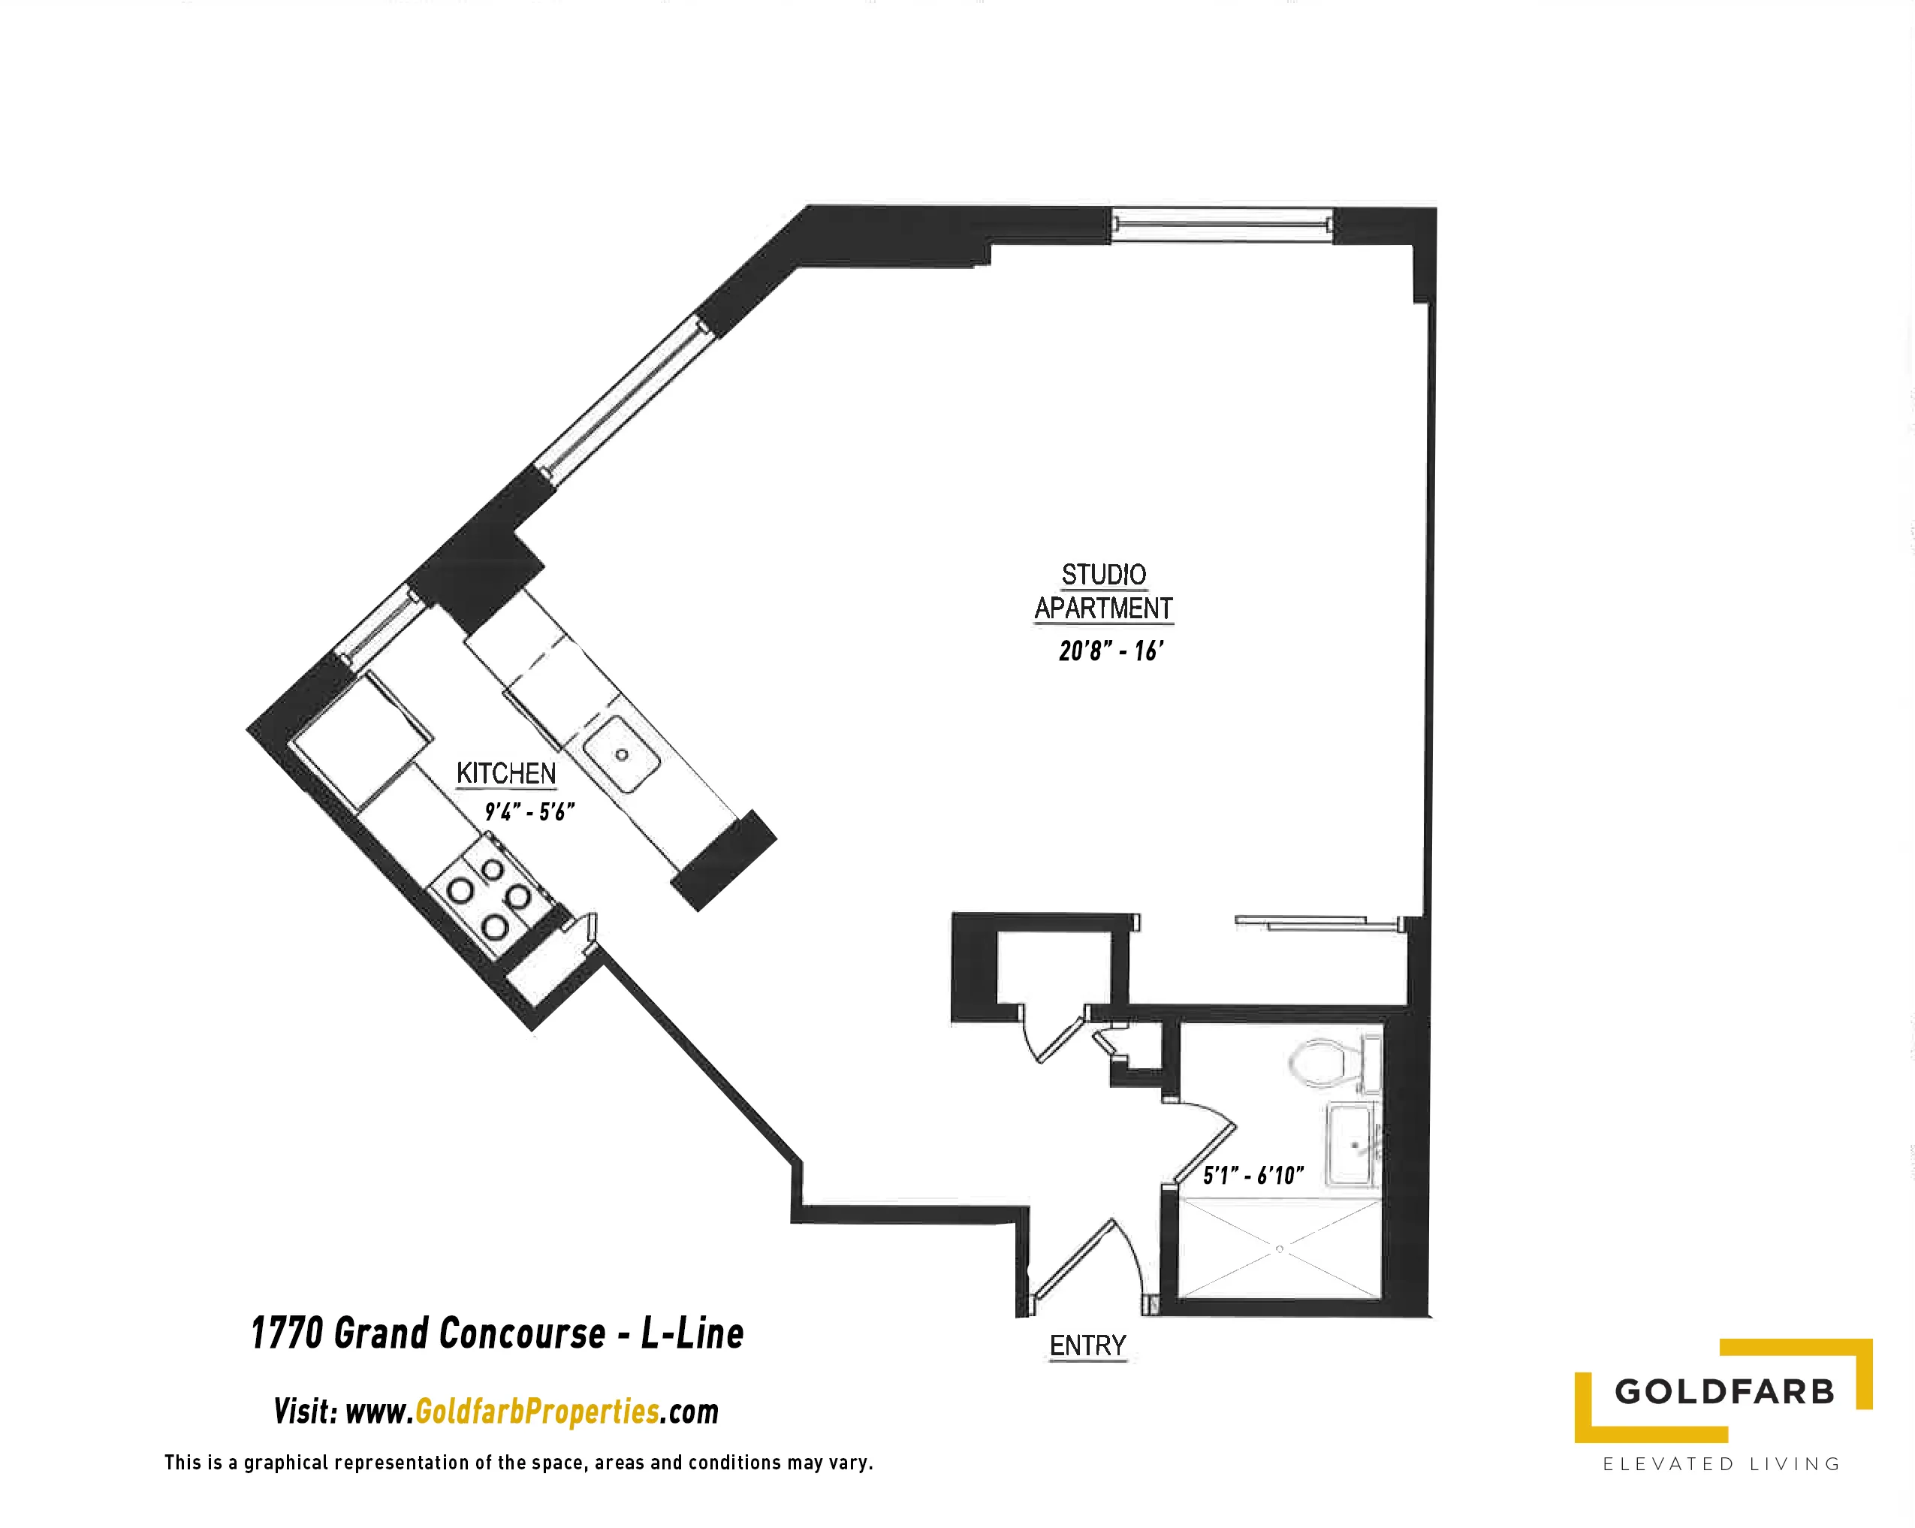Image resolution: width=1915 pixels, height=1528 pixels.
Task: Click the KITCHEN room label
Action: [505, 773]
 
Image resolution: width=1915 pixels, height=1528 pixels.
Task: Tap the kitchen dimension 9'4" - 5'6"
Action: [529, 811]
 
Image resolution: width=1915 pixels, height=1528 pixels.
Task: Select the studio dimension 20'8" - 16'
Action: [1110, 651]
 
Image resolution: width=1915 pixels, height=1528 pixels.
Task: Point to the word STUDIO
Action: [1104, 575]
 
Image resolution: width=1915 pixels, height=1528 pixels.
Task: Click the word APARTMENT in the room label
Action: [1103, 608]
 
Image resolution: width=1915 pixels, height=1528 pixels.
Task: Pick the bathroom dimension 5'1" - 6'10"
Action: [1253, 1176]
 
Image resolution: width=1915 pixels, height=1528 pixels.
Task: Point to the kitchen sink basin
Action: [622, 755]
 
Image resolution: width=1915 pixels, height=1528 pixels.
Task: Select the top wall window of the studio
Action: [1222, 224]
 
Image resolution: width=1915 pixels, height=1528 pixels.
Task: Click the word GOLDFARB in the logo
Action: [1724, 1391]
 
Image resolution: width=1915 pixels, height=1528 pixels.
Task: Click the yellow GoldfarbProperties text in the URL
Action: [538, 1412]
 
